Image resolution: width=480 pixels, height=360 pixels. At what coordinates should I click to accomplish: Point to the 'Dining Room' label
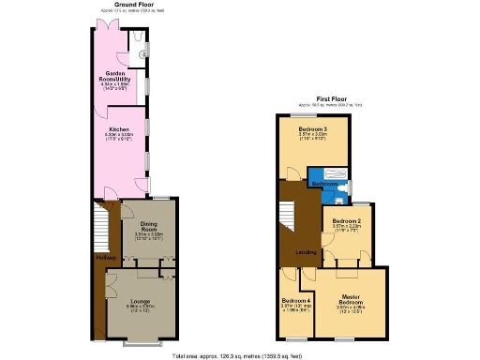pos(136,225)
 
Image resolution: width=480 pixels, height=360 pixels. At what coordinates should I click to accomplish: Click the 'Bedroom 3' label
pos(312,128)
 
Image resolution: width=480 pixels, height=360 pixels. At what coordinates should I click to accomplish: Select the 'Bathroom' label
pos(324,185)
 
